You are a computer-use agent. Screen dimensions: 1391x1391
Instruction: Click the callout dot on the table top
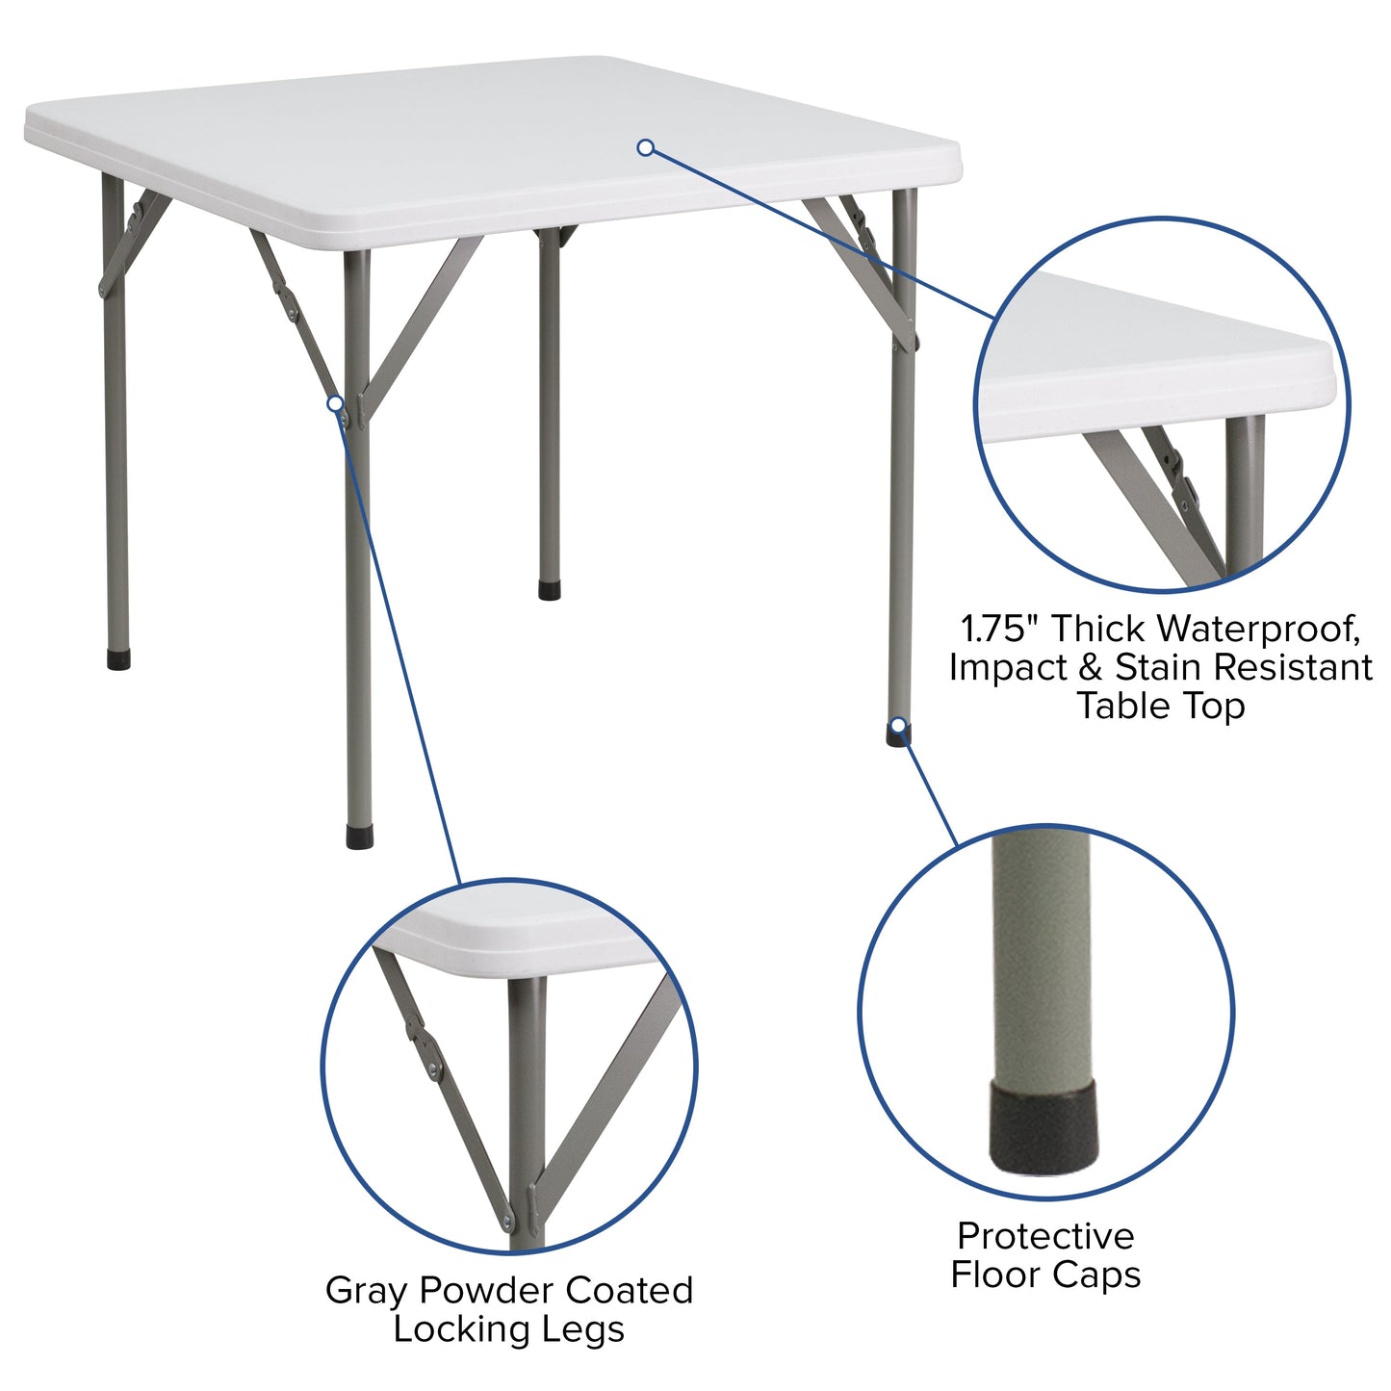[x=646, y=147]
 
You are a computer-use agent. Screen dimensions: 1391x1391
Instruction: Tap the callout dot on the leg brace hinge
[x=334, y=404]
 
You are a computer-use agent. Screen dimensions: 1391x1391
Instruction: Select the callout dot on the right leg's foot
[x=898, y=725]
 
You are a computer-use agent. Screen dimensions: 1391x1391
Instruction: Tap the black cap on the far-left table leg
[x=118, y=659]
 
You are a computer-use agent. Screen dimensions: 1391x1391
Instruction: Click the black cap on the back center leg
[x=550, y=589]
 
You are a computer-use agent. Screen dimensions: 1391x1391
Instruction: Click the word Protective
[x=1045, y=1235]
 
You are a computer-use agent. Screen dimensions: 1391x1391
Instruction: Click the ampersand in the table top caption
[x=1091, y=667]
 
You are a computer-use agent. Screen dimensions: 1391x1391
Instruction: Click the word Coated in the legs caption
[x=630, y=1291]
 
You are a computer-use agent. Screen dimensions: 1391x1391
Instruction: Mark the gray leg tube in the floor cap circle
[x=1043, y=963]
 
